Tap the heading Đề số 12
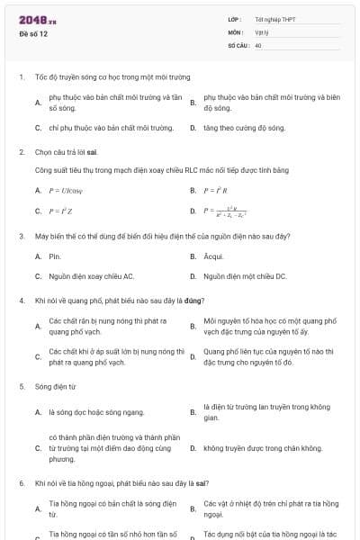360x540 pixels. (x=32, y=33)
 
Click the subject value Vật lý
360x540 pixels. (x=262, y=31)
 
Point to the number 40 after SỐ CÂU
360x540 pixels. (x=258, y=44)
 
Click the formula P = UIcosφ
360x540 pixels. (x=66, y=191)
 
